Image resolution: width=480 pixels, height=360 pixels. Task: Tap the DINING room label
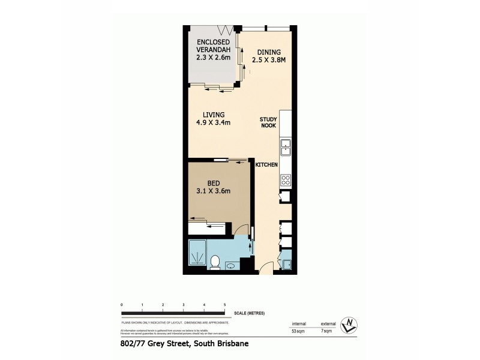pyautogui.click(x=265, y=52)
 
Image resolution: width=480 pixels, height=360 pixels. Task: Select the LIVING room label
pyautogui.click(x=214, y=115)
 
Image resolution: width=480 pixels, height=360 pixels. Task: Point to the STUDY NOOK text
pyautogui.click(x=268, y=123)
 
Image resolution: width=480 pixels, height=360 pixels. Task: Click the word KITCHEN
pyautogui.click(x=266, y=164)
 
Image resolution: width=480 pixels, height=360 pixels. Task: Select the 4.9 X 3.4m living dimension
pyautogui.click(x=214, y=124)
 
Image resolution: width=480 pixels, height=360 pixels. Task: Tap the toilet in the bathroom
pyautogui.click(x=215, y=261)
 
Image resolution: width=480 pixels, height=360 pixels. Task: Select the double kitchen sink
pyautogui.click(x=285, y=147)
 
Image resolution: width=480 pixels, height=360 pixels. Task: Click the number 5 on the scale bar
pyautogui.click(x=224, y=305)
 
